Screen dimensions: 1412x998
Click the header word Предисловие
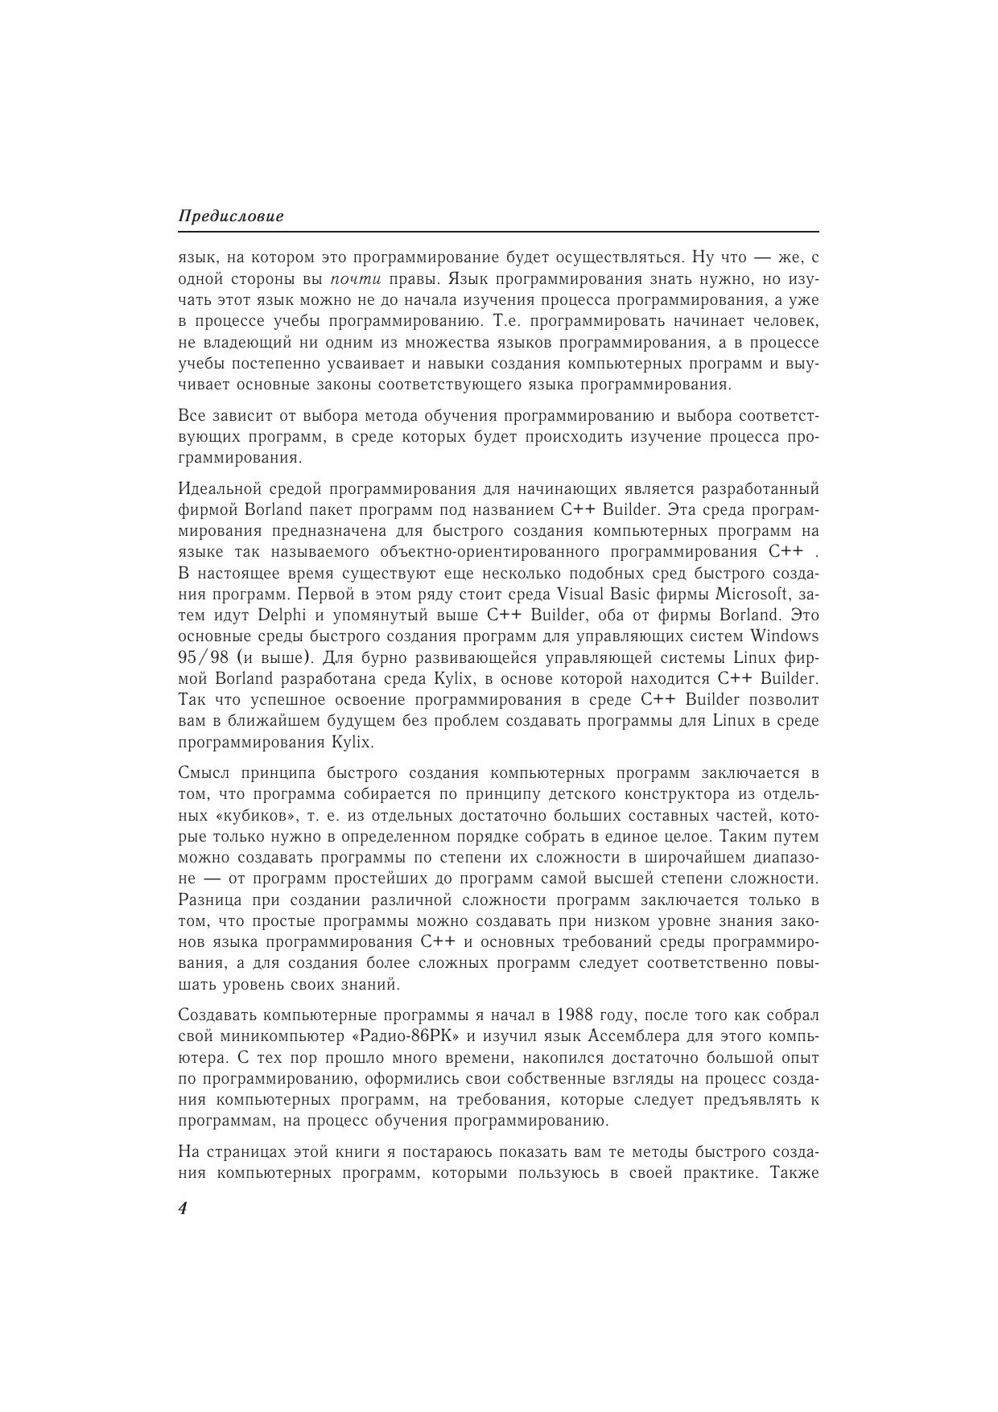tap(231, 217)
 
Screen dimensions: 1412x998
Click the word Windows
tap(785, 636)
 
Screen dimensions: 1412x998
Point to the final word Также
tap(794, 1173)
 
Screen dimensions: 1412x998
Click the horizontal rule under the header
tap(498, 233)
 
